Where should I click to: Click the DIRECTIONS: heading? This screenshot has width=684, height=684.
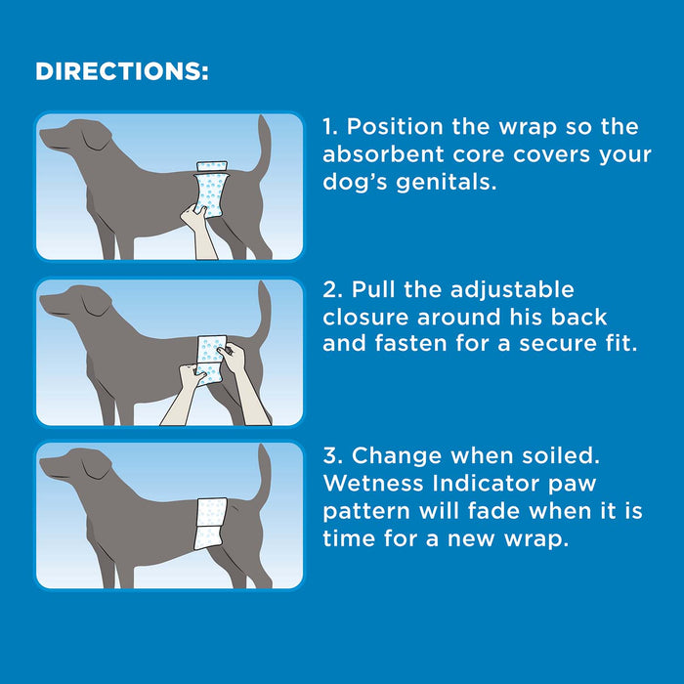point(121,73)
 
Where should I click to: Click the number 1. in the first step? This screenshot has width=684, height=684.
point(330,127)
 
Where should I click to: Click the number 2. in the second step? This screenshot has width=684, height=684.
point(332,290)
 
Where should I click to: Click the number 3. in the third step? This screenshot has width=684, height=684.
point(332,455)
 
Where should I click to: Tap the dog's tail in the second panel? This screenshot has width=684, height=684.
point(262,308)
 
